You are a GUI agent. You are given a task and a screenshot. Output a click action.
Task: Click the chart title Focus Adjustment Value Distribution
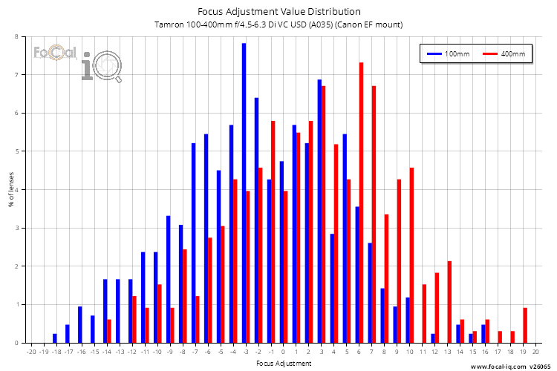click(x=278, y=11)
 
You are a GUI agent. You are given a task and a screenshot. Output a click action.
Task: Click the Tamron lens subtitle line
click(x=278, y=24)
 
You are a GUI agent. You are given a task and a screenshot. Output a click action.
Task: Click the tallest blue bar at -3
click(x=244, y=193)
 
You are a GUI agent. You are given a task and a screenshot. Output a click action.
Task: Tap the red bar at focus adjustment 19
click(x=525, y=325)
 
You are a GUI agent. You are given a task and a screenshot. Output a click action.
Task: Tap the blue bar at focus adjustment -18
click(x=54, y=338)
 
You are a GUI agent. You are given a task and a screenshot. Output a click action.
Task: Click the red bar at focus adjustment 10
click(x=411, y=255)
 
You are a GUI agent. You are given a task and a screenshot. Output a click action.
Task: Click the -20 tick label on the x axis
click(x=30, y=351)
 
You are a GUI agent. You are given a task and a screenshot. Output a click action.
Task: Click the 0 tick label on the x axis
click(x=283, y=351)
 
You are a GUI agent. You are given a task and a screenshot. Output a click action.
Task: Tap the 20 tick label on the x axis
click(x=535, y=351)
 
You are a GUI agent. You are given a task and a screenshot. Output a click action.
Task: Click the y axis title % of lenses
click(x=10, y=190)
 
